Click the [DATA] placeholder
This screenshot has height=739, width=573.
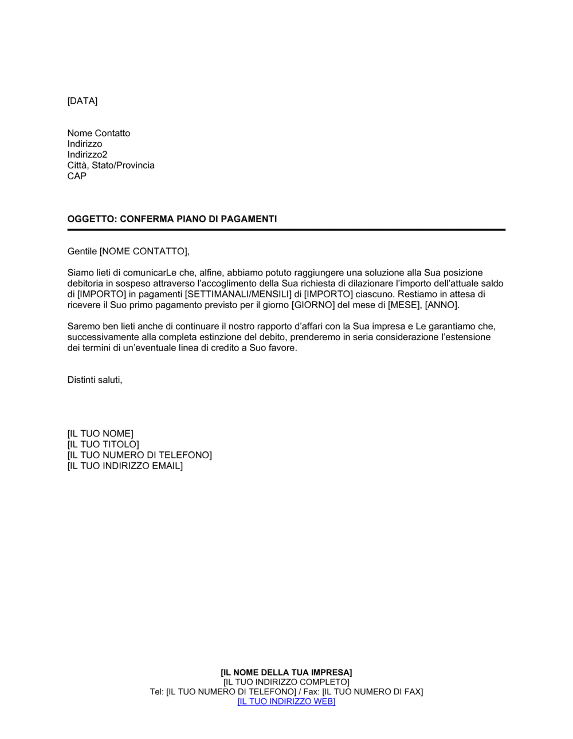point(83,101)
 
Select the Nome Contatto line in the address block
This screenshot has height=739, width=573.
point(99,133)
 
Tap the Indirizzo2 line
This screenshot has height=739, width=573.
point(87,155)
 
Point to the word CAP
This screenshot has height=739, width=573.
point(77,176)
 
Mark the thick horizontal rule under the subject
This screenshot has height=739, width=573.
point(286,230)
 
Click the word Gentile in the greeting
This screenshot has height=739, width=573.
point(82,251)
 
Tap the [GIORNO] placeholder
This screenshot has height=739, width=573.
point(313,305)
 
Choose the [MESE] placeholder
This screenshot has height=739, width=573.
point(404,305)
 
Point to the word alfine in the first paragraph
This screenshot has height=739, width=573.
point(211,273)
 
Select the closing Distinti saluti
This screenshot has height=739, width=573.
point(95,380)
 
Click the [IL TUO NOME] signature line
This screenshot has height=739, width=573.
point(100,434)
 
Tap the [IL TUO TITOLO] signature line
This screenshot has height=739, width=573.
point(103,445)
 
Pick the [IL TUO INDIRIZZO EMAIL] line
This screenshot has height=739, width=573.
point(125,466)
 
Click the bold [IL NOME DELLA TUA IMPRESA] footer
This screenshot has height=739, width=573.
point(286,673)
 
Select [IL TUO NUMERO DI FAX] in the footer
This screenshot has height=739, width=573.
point(372,692)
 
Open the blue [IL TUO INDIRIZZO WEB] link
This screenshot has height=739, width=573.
point(286,702)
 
